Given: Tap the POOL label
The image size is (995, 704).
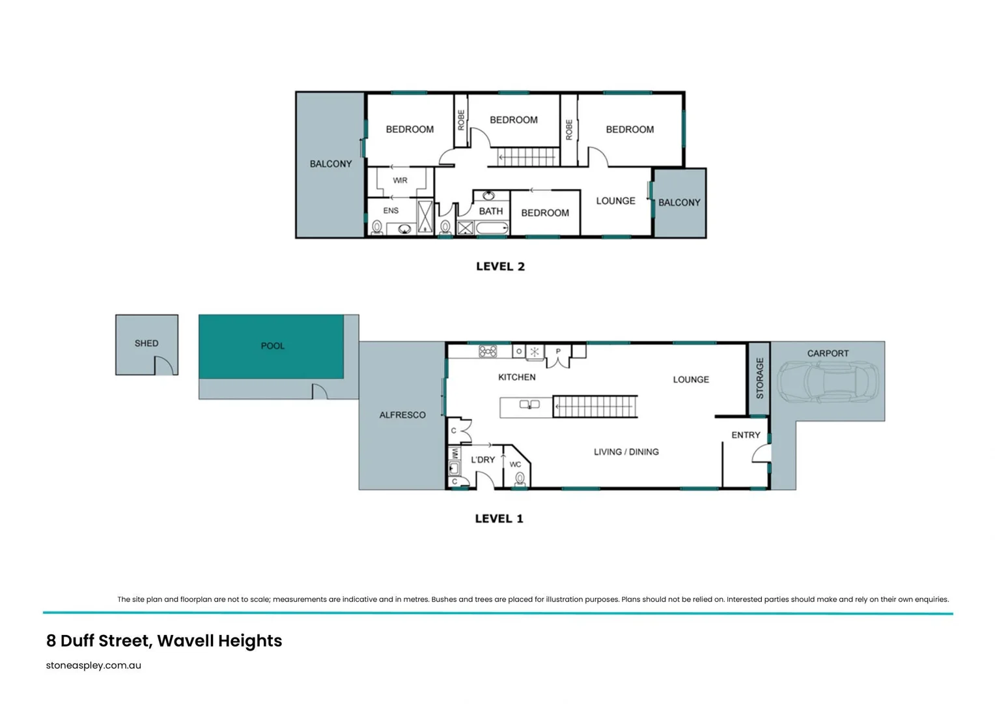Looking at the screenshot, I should coord(272,345).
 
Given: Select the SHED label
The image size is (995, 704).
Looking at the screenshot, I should coord(147,343).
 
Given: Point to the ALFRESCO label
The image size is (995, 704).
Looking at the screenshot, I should coord(402,415).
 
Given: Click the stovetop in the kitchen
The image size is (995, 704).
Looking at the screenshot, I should coord(488,351).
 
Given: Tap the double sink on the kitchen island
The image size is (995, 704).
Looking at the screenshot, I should coord(529,405).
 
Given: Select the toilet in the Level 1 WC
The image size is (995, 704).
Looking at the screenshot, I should coord(520,479).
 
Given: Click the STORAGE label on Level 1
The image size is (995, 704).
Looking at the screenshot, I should coord(759,378).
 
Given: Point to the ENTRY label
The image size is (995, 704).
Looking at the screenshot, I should coord(746,435).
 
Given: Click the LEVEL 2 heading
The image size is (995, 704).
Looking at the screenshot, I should coord(500,267).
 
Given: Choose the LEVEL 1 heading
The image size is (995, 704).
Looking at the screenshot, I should coord(499,519).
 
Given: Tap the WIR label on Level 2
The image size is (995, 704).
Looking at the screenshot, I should coord(400,181).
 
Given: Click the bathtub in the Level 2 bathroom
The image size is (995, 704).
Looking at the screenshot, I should coord(492,228).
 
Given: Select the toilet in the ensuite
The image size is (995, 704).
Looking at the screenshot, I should coord(377,227).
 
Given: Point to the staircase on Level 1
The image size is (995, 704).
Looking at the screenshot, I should coord(595,407).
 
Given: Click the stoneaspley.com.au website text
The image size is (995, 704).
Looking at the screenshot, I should coord(94,666).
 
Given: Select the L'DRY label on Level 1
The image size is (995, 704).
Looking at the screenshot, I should coord(483,460).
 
